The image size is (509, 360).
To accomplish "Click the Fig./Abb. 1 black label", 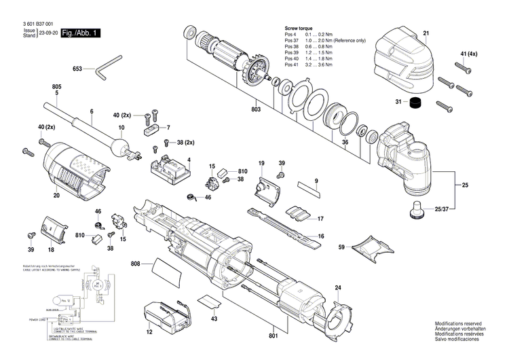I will pos(81,33).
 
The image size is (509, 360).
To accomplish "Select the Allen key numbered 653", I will pos(107,70).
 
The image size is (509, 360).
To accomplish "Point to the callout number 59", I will pos(342,247).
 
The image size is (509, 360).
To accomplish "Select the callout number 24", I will pos(337,288).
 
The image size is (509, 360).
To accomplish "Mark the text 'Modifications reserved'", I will pos(459,325).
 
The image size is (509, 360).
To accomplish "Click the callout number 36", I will pos(345,142).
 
